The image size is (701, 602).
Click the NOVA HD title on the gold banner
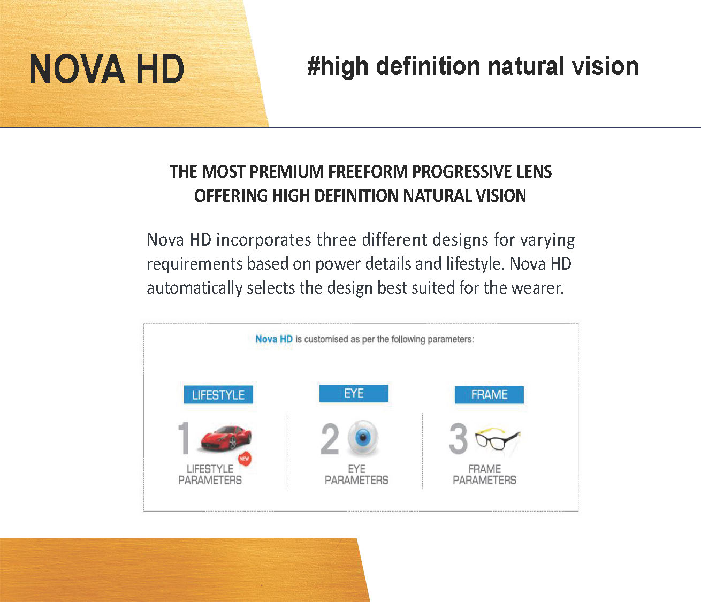(107, 70)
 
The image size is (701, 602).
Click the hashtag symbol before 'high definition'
(314, 67)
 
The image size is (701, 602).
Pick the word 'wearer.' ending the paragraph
(537, 288)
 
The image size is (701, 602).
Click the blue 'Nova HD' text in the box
(274, 339)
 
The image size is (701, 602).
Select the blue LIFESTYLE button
(218, 395)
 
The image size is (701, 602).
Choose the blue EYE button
(354, 393)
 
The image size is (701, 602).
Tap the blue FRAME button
(489, 395)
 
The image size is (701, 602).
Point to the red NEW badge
(245, 459)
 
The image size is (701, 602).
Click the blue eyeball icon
(363, 437)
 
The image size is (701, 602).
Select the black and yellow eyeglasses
(498, 439)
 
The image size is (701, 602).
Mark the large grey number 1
(184, 438)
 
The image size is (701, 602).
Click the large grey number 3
(458, 439)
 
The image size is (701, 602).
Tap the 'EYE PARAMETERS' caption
(356, 475)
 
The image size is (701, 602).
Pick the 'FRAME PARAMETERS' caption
(484, 475)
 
